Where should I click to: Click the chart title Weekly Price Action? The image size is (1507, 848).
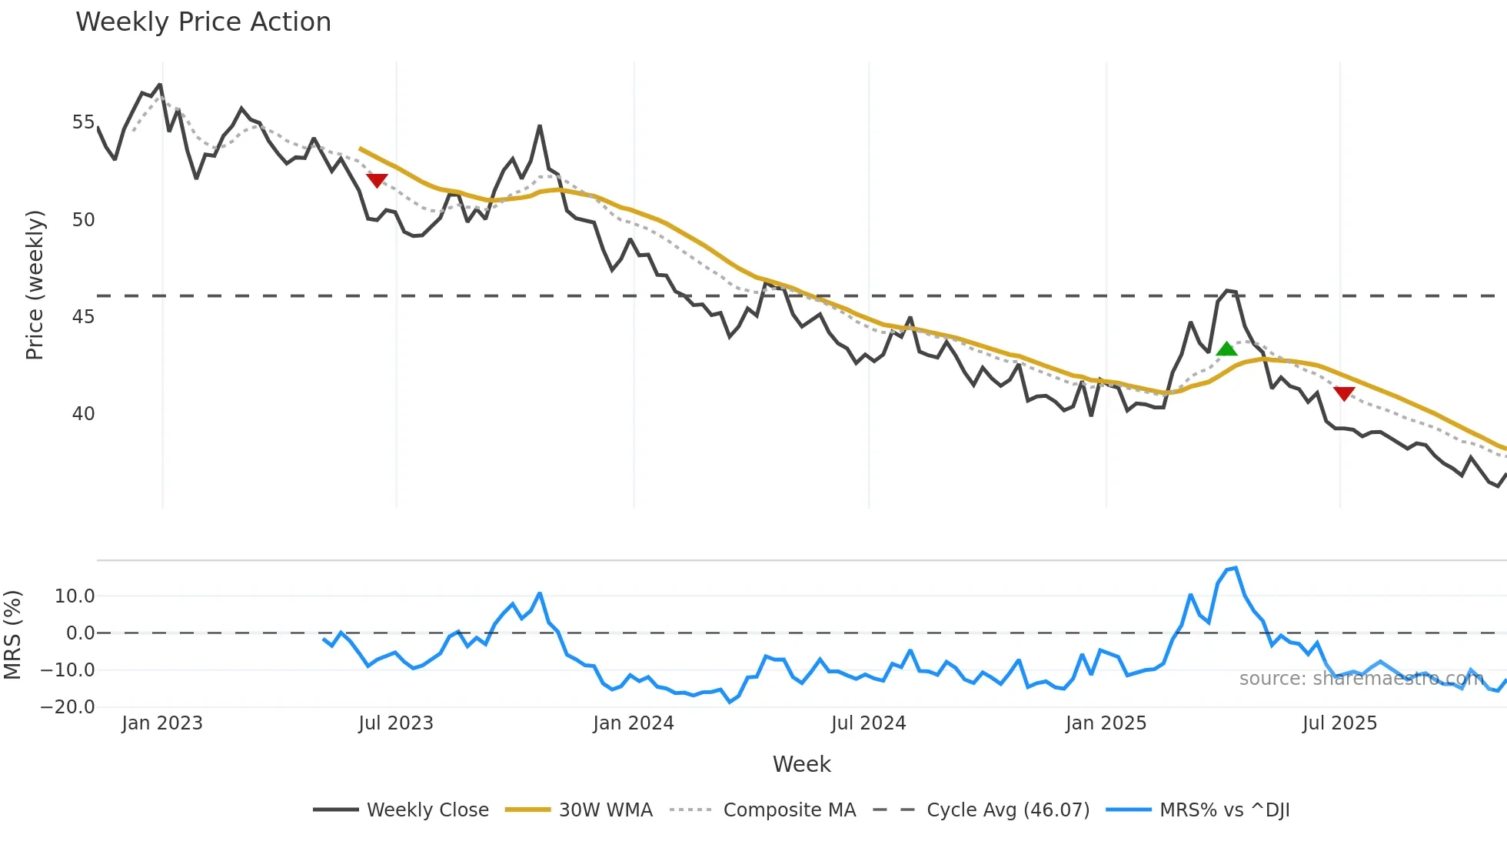pyautogui.click(x=203, y=22)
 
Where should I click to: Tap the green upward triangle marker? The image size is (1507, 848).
pyautogui.click(x=1226, y=349)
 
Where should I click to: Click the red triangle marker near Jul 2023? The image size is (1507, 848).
pyautogui.click(x=377, y=180)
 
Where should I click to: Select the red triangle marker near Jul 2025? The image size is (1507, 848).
pyautogui.click(x=1344, y=393)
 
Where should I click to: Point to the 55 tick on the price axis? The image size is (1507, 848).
pyautogui.click(x=83, y=122)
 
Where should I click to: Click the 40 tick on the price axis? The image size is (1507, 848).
pyautogui.click(x=83, y=414)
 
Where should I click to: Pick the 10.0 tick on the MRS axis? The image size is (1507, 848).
pyautogui.click(x=75, y=596)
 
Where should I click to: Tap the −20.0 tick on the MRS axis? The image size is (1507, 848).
pyautogui.click(x=68, y=707)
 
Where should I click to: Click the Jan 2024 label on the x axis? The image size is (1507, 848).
pyautogui.click(x=633, y=723)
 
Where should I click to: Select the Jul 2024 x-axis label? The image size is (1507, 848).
pyautogui.click(x=868, y=723)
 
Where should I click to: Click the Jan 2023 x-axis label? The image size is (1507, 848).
pyautogui.click(x=161, y=723)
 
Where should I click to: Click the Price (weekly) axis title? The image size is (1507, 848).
pyautogui.click(x=35, y=285)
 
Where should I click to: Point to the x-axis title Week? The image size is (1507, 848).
pyautogui.click(x=801, y=764)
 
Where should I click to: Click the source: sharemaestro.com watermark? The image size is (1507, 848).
pyautogui.click(x=1361, y=679)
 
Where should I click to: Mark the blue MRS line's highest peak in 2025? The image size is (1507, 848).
pyautogui.click(x=1236, y=568)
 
